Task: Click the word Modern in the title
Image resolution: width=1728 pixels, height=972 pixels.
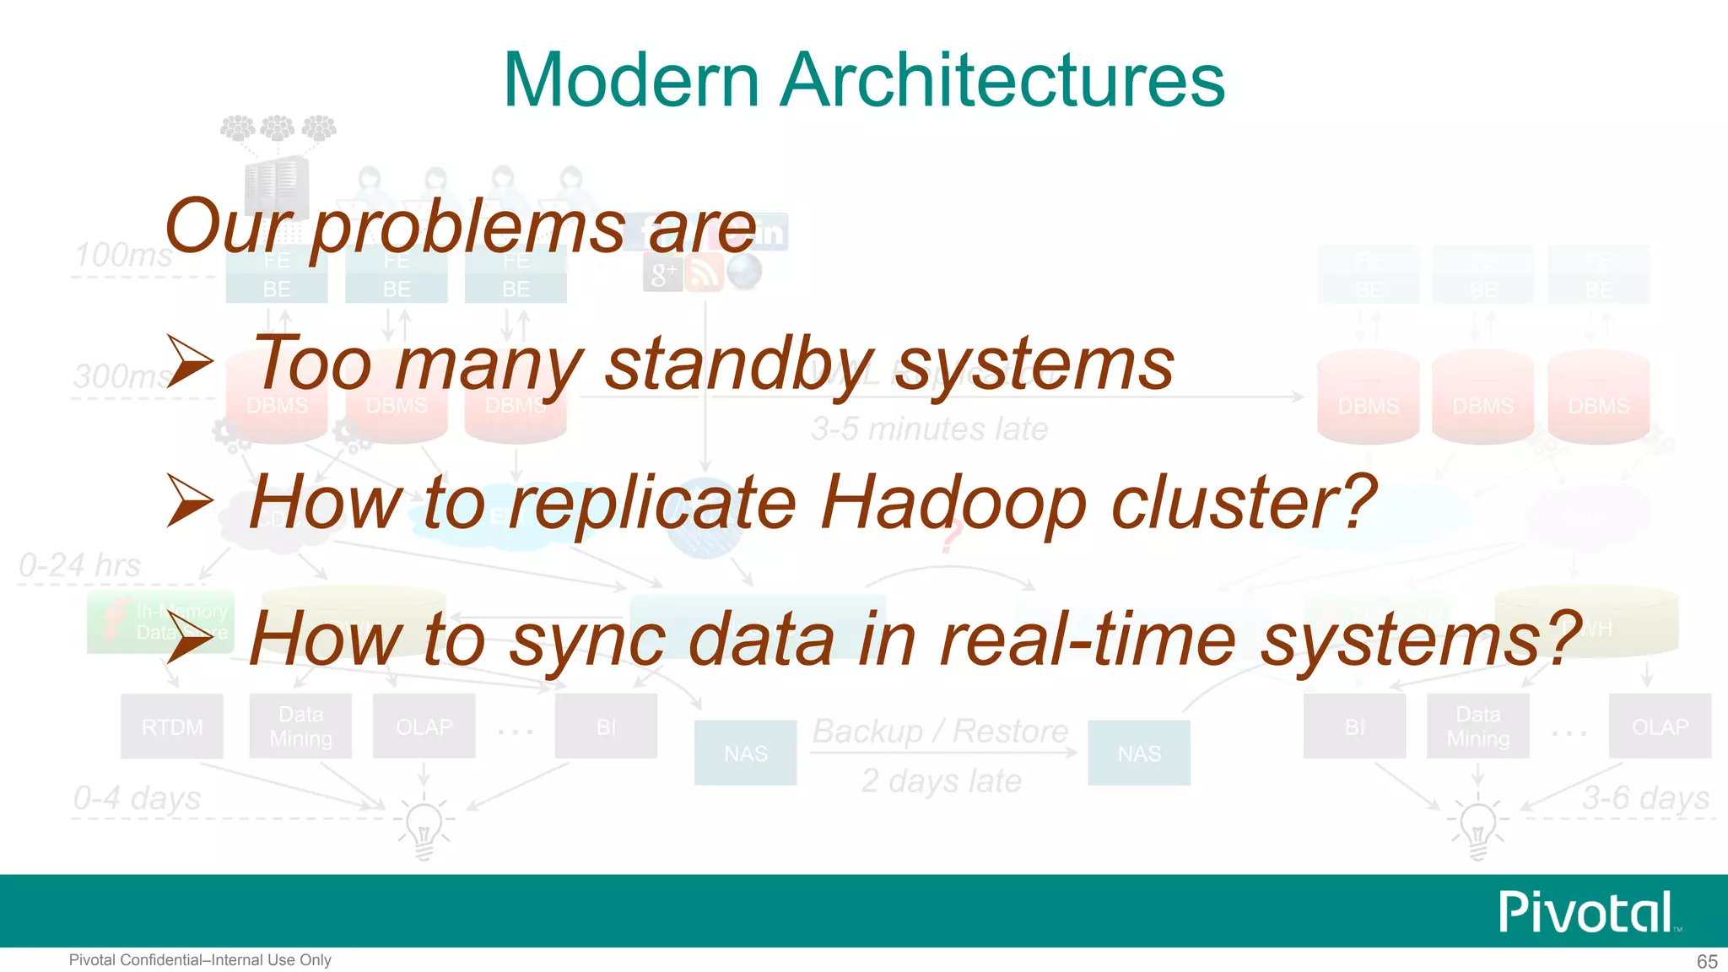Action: (x=631, y=80)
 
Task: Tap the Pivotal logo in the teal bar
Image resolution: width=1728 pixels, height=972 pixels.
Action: (x=1587, y=912)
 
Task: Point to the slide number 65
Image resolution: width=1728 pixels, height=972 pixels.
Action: (x=1707, y=961)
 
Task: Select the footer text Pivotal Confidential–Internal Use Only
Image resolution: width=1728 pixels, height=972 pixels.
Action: (x=200, y=960)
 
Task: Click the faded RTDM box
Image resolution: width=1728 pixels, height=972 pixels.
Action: (x=172, y=726)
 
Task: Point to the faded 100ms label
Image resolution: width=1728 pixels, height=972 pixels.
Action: (x=123, y=255)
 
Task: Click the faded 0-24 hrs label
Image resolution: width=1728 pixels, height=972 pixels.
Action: (x=80, y=565)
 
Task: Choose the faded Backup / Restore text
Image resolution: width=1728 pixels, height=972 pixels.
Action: (x=940, y=731)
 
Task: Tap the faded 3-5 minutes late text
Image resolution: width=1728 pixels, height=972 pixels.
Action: (x=930, y=429)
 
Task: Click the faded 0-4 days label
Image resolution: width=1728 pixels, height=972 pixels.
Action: (x=137, y=798)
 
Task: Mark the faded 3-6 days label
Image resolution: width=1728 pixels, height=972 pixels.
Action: (x=1645, y=798)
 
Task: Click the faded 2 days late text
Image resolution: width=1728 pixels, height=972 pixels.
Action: (x=941, y=781)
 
